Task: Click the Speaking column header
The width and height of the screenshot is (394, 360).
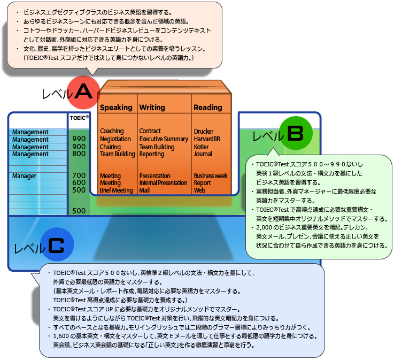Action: point(116,108)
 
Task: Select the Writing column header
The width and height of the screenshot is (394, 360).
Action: point(152,108)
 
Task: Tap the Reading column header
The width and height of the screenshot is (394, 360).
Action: point(208,108)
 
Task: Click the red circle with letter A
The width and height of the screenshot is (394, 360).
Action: point(83,92)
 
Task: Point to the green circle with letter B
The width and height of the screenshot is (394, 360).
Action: point(295,133)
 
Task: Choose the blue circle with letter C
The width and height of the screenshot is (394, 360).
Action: point(56,245)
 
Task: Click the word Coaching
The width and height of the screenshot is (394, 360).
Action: point(112,131)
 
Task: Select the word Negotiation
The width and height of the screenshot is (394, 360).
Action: point(115,139)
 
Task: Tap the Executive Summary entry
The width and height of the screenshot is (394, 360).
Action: point(164,139)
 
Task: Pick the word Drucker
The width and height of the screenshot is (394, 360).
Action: point(204,131)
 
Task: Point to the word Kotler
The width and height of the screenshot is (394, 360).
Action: point(202,147)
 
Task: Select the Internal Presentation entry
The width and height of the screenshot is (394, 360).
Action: point(163,183)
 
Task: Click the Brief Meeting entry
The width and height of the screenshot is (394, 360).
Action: point(116,190)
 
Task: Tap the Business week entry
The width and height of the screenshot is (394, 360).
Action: point(211,175)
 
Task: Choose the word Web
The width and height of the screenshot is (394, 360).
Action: point(199,190)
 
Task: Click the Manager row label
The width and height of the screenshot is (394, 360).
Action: point(24,176)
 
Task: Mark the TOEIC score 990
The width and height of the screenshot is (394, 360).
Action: point(79,139)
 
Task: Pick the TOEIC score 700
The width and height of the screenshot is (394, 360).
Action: point(79,175)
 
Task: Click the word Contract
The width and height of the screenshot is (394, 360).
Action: point(150,131)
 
